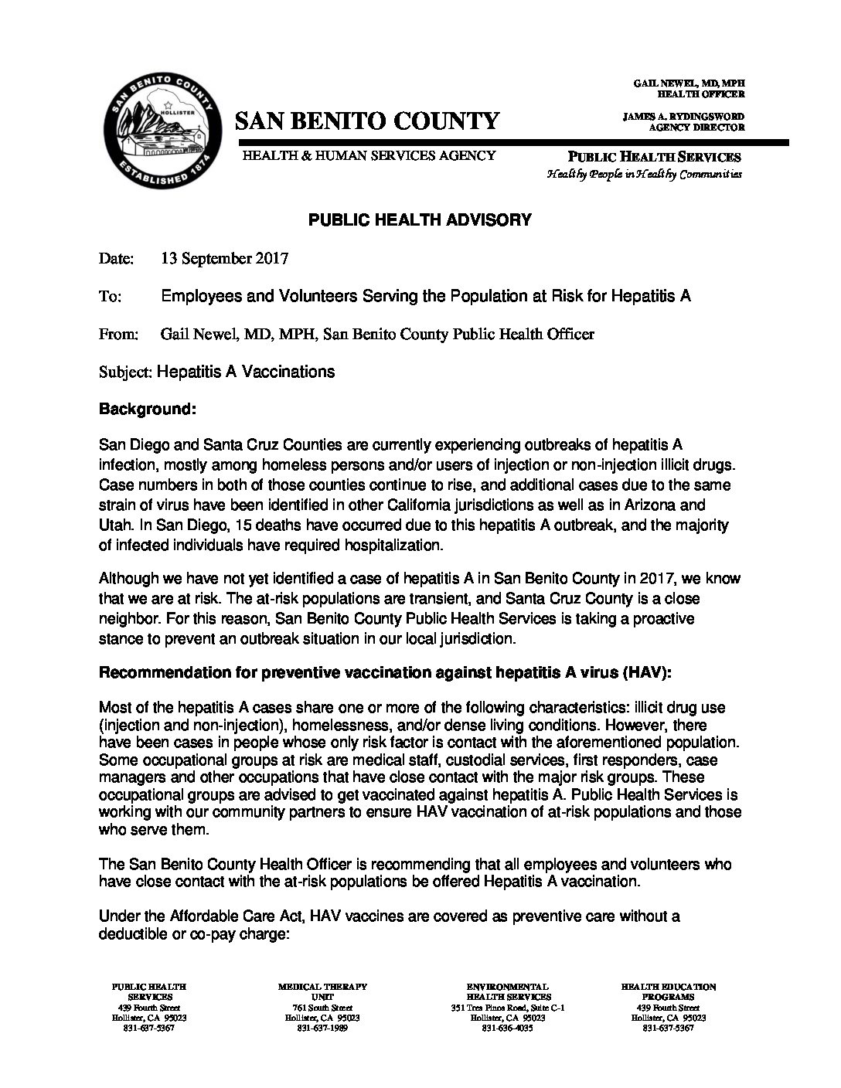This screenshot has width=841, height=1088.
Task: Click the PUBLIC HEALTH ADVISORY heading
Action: click(x=420, y=220)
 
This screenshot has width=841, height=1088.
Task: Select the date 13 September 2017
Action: click(x=224, y=259)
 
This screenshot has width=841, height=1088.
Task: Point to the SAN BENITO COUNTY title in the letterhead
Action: click(x=367, y=121)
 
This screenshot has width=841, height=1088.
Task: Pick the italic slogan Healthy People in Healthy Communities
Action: click(x=645, y=174)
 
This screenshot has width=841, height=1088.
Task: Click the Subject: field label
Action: click(x=127, y=372)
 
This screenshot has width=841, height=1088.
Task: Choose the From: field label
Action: click(x=119, y=335)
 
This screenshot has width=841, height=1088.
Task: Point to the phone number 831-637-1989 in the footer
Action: click(x=322, y=1028)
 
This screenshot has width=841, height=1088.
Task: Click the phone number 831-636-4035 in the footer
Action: click(x=508, y=1028)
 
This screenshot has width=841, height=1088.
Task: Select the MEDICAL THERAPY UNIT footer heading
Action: click(x=322, y=991)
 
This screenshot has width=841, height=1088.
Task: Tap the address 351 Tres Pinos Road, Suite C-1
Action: click(x=508, y=1008)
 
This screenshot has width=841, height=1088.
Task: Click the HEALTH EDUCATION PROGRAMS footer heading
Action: click(x=668, y=991)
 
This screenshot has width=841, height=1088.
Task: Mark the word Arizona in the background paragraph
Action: click(x=655, y=506)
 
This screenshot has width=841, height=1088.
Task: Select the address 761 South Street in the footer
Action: click(x=322, y=1008)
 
